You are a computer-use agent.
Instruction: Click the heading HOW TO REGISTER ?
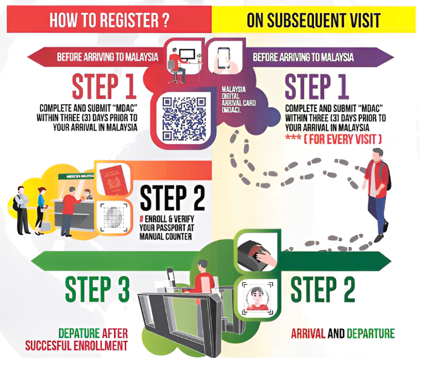(x=109, y=20)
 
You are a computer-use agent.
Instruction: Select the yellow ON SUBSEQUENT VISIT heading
(x=313, y=20)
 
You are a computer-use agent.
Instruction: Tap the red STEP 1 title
(x=104, y=86)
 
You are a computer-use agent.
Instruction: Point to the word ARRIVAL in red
(x=308, y=334)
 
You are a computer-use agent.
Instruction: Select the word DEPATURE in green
(x=78, y=334)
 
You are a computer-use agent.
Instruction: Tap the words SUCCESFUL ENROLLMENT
(x=77, y=346)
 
